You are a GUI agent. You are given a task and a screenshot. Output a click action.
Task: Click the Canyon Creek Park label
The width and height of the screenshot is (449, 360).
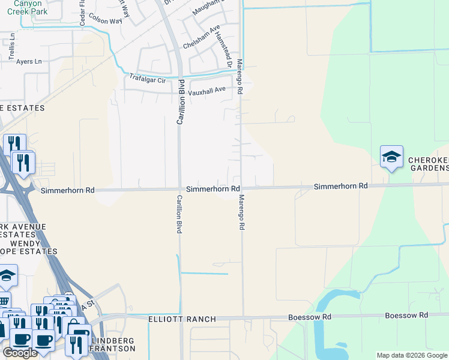coord(26,7)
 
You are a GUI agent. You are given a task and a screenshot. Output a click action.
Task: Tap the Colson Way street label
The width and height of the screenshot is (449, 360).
coord(105,19)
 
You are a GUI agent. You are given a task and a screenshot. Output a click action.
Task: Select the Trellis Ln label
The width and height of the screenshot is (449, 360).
coord(11,48)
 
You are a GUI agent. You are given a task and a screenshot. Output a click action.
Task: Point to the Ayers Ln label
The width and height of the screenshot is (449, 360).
coord(29,61)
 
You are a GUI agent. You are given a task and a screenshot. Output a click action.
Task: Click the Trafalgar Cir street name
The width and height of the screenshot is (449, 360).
coord(147,79)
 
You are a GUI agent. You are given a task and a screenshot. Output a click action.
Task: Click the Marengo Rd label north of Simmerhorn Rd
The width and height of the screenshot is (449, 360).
coord(239,76)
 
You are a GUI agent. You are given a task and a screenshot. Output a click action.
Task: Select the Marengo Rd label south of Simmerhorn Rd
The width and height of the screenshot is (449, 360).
coord(242,212)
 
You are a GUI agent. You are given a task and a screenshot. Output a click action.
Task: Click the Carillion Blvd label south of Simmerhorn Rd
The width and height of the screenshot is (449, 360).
coord(178,214)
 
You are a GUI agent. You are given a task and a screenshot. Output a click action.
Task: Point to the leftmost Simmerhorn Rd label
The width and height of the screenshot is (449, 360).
coord(68,190)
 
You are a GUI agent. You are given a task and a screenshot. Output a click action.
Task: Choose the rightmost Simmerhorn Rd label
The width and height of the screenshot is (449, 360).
coord(340,187)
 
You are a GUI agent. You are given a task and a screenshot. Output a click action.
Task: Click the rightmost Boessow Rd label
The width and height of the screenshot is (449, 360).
coord(406,315)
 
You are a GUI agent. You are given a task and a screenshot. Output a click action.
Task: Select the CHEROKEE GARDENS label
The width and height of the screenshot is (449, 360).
coord(428,164)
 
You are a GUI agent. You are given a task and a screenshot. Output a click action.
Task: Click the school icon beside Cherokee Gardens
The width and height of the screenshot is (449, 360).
coord(391,157)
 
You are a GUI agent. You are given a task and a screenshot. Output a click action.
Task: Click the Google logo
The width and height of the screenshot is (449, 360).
coord(20,353)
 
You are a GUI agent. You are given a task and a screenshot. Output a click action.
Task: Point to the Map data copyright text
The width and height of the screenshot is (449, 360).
coord(412,355)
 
